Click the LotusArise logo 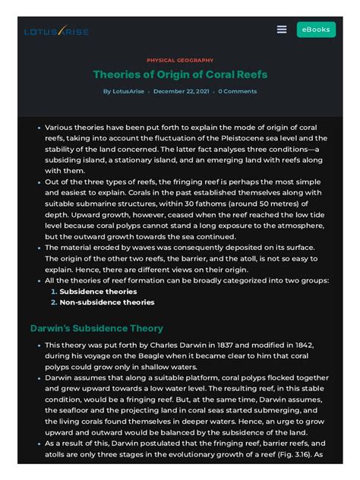(x=56, y=31)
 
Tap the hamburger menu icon (x=282, y=30)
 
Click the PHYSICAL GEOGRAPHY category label (x=179, y=59)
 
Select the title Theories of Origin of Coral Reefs (x=179, y=74)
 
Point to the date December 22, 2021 (x=182, y=92)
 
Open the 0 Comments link (x=238, y=92)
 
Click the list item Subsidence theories (x=98, y=291)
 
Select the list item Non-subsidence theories (x=106, y=302)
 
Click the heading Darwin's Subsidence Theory (x=96, y=328)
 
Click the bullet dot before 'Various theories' (x=39, y=128)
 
